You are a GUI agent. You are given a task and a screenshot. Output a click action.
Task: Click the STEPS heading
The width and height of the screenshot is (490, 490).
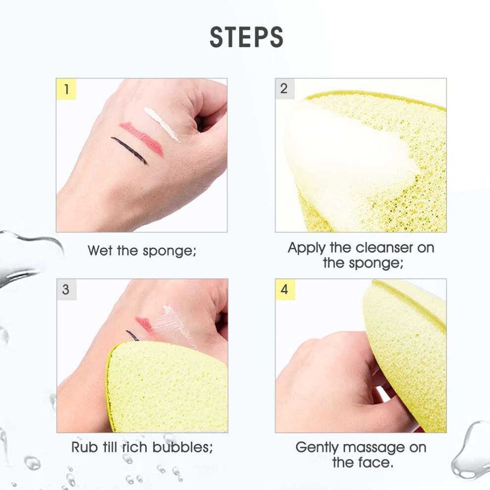[x=246, y=37]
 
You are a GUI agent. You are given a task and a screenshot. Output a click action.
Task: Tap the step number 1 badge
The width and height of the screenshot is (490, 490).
[x=66, y=89]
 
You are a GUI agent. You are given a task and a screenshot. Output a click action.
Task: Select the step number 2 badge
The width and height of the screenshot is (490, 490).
[x=285, y=89]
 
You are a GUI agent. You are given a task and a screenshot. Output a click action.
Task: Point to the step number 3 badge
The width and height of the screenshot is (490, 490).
[x=66, y=290]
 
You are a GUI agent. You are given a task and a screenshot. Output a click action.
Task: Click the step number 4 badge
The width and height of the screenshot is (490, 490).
[x=285, y=290]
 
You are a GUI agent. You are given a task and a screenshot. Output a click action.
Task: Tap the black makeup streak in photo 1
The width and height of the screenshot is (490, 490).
[x=129, y=150]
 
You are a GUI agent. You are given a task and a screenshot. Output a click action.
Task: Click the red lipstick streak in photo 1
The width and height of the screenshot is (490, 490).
[x=142, y=139]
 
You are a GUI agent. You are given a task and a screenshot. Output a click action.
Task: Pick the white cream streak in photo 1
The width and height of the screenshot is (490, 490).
[x=161, y=124]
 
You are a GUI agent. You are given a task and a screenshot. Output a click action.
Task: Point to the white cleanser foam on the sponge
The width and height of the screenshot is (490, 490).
[x=347, y=162]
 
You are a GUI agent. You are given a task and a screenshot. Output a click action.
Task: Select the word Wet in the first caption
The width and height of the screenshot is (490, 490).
[x=100, y=250]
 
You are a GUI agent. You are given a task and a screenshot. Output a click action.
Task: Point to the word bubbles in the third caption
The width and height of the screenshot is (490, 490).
[x=183, y=447]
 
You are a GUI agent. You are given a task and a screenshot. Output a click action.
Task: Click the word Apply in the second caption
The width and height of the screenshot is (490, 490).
[x=307, y=248]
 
